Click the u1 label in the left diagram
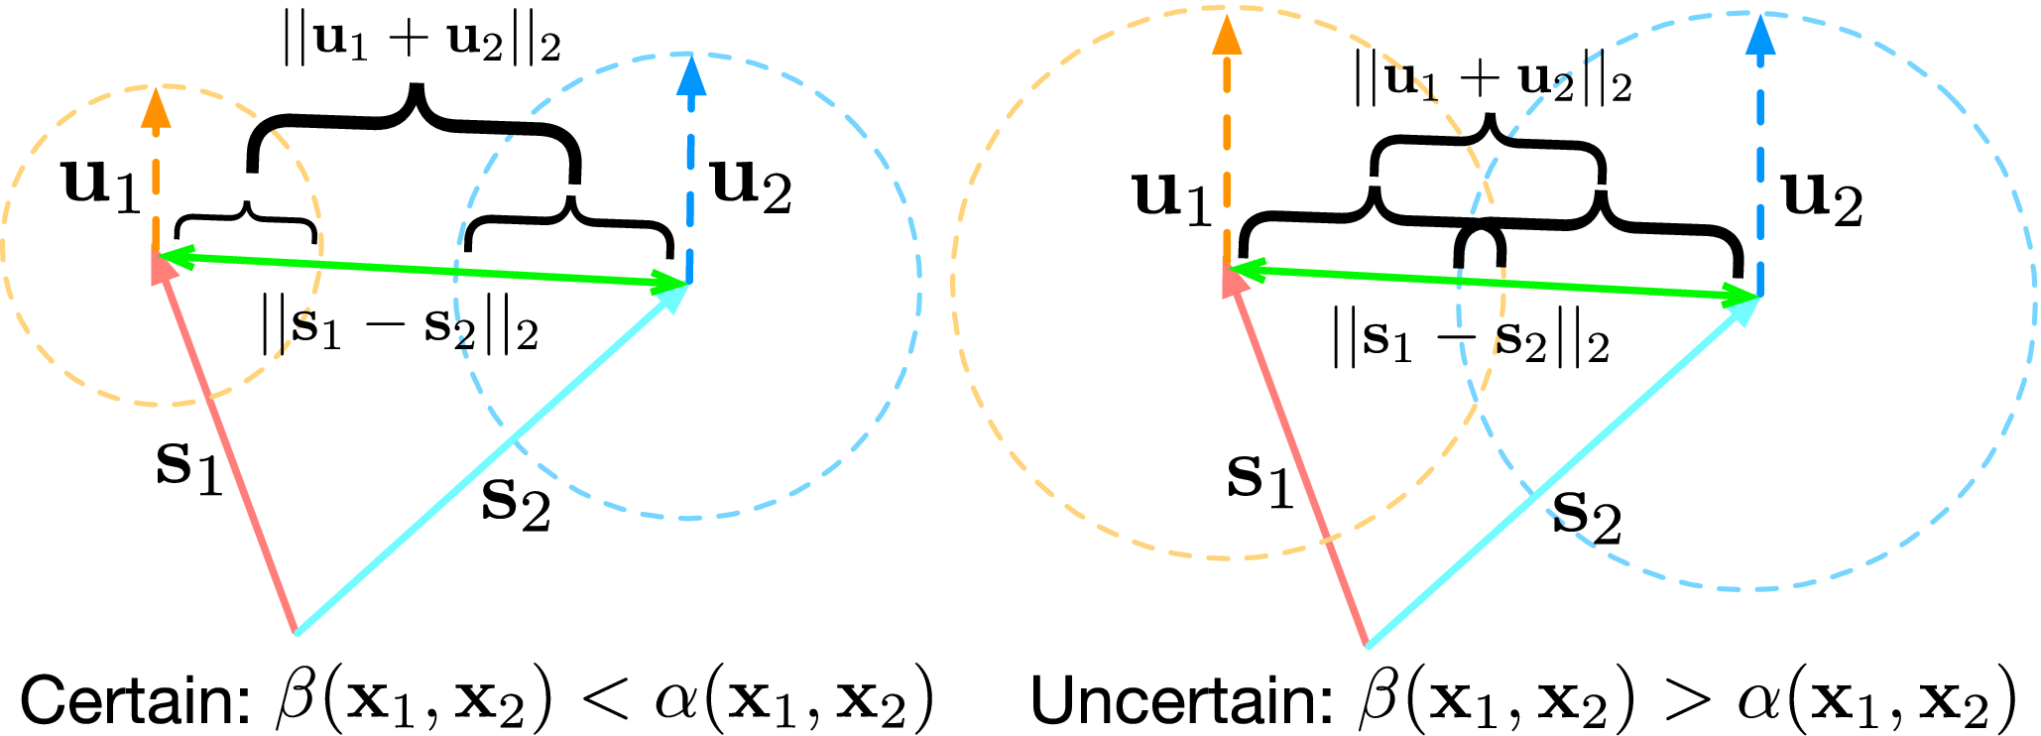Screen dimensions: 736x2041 pos(101,185)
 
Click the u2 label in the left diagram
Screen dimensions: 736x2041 pos(752,185)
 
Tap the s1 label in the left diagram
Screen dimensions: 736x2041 pos(188,466)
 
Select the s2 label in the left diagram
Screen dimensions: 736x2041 pos(516,503)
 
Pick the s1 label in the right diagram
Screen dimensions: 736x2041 pos(1260,481)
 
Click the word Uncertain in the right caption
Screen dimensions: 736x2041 pos(1180,700)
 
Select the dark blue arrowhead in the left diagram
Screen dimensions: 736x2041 pos(690,73)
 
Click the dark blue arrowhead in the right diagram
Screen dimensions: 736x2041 pos(1761,36)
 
